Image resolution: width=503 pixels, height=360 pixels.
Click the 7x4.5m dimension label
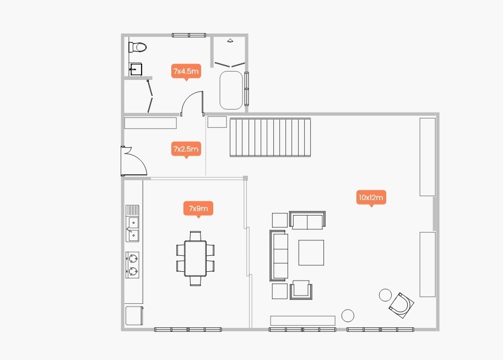click(x=186, y=71)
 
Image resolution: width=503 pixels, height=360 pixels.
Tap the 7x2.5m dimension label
click(x=186, y=149)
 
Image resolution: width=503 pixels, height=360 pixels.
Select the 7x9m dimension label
click(x=198, y=208)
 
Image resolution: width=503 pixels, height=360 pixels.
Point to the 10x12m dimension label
click(x=371, y=197)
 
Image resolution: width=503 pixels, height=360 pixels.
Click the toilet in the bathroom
click(x=137, y=47)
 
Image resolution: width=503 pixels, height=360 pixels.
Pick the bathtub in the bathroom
click(x=231, y=90)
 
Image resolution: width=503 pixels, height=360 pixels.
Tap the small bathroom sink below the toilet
click(x=136, y=69)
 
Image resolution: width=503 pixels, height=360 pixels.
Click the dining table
click(x=195, y=258)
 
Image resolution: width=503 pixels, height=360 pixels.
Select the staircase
click(x=270, y=137)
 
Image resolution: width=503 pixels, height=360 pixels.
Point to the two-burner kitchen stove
click(x=132, y=265)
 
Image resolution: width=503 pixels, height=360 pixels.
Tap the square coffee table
click(x=311, y=252)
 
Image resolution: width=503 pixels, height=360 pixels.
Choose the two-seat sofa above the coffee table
click(x=307, y=221)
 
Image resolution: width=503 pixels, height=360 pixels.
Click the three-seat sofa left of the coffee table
click(x=279, y=255)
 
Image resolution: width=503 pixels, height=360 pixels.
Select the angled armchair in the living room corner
click(x=401, y=305)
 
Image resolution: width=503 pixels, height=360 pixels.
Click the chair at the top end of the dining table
click(x=196, y=236)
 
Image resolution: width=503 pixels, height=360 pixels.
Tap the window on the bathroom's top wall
click(x=189, y=35)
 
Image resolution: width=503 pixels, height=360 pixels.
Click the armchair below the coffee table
click(x=301, y=290)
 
